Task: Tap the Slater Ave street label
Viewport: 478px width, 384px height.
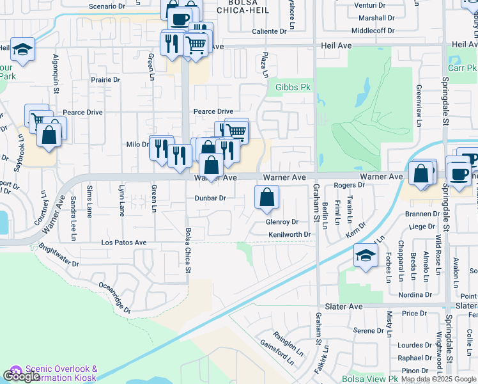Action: (x=345, y=307)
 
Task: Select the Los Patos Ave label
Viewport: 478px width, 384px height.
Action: (x=124, y=243)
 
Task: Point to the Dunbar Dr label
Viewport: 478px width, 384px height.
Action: (x=210, y=198)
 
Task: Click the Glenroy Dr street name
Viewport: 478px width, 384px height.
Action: (x=282, y=222)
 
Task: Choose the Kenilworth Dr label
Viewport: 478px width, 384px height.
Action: (x=289, y=235)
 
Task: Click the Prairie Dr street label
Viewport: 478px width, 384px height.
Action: (x=105, y=80)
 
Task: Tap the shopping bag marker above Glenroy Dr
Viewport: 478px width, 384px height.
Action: (x=266, y=198)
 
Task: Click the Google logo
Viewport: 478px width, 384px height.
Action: (x=21, y=376)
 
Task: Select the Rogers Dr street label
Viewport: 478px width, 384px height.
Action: (x=349, y=185)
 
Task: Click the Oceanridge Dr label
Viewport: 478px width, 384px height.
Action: (x=114, y=299)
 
